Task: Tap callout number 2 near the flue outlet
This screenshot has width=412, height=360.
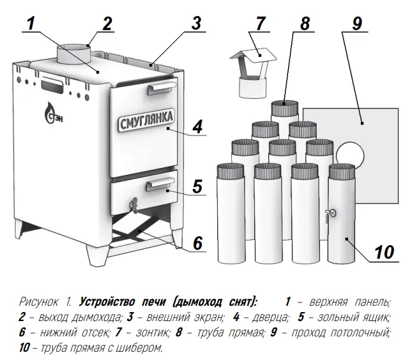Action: pos(106,24)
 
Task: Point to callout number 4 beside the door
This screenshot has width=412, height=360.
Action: pos(197,125)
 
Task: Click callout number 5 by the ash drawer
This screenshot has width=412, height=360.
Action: pos(197,186)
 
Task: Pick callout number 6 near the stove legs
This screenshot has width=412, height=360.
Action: pos(197,243)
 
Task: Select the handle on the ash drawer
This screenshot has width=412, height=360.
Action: pos(156,185)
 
